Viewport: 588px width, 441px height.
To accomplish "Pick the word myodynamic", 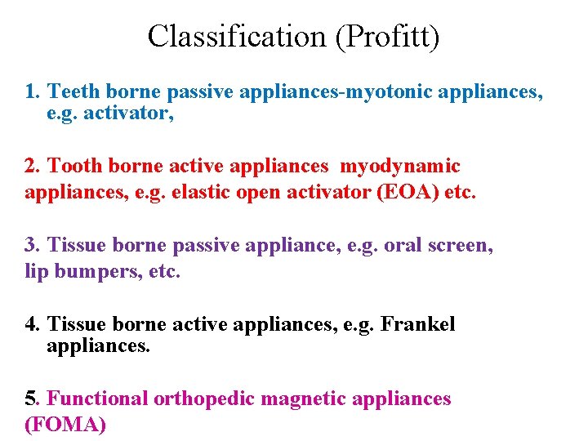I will [399, 167].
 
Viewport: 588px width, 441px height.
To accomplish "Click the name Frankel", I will [417, 324].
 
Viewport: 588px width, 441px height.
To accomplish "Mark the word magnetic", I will [300, 399].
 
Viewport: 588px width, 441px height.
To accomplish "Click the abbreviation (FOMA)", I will [65, 425].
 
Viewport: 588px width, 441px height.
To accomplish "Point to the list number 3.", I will [32, 245].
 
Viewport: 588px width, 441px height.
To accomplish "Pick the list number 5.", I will [32, 399].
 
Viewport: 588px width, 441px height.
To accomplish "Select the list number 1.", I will [32, 92].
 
